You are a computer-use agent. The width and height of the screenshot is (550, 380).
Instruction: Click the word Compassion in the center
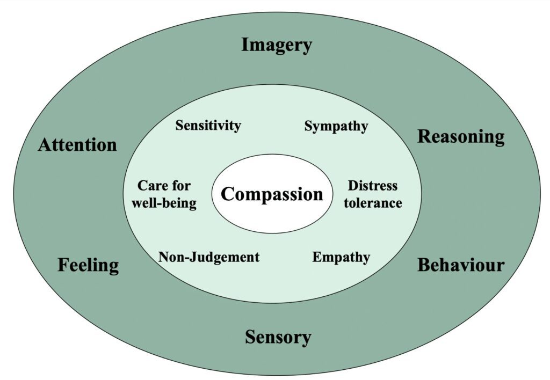(x=272, y=194)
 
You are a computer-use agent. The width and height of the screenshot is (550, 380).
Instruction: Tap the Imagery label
(x=276, y=45)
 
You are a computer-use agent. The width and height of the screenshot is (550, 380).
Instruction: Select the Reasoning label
(x=461, y=137)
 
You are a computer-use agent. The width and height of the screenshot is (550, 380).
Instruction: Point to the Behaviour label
(x=461, y=265)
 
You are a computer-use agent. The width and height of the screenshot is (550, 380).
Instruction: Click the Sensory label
(x=278, y=338)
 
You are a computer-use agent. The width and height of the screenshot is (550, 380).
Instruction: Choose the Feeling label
(x=88, y=265)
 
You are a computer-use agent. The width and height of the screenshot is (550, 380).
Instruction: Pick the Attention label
(x=77, y=144)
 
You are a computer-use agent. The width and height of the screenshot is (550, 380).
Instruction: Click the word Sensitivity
(x=208, y=126)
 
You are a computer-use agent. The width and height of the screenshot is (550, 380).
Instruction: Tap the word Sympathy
(x=336, y=126)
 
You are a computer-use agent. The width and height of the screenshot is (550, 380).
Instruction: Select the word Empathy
(x=341, y=258)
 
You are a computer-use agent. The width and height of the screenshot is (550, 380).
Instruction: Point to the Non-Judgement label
(x=209, y=257)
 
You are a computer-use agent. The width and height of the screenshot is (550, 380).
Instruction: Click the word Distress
(x=373, y=186)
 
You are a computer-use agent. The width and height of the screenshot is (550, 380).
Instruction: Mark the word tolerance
(x=373, y=203)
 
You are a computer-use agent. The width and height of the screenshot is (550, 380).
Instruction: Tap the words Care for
(x=164, y=186)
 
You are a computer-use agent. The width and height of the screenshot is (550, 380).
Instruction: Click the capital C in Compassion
(x=228, y=194)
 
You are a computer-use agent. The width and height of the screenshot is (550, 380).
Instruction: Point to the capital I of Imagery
(x=244, y=45)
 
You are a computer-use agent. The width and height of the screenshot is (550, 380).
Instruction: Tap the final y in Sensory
(x=306, y=339)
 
